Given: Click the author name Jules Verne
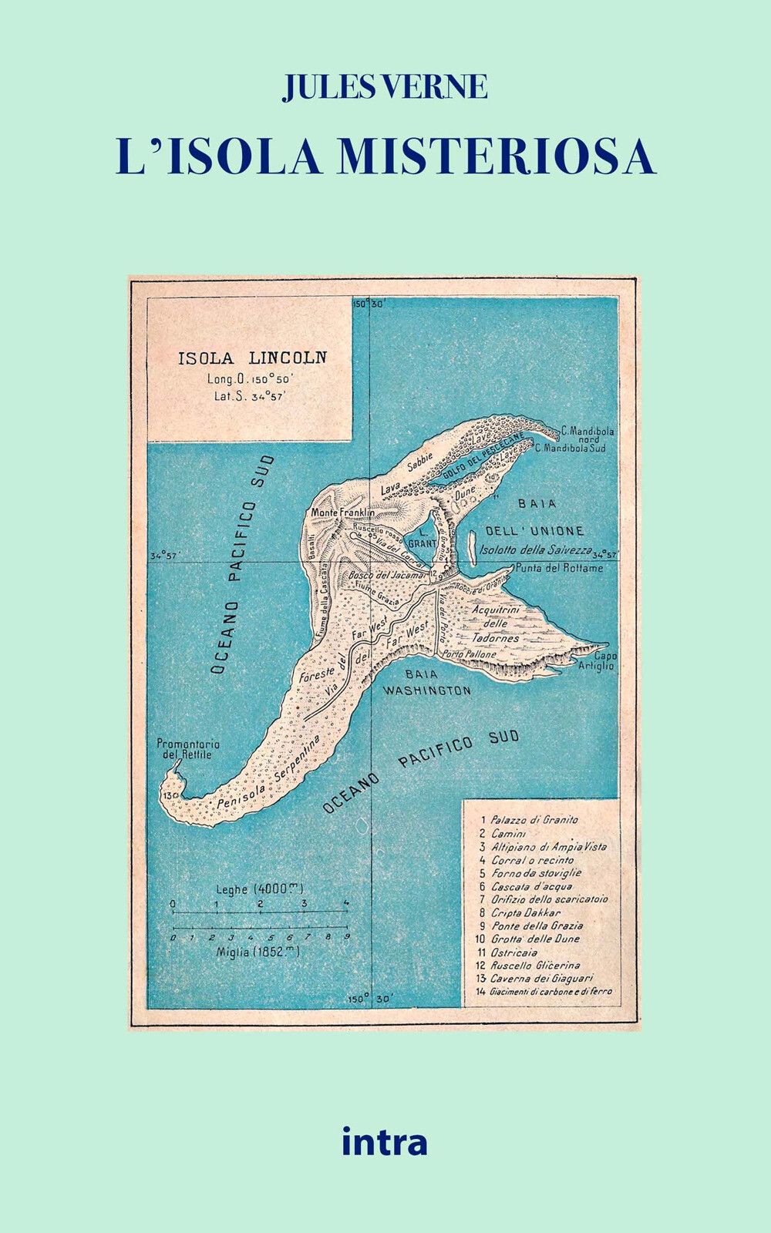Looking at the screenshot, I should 385,87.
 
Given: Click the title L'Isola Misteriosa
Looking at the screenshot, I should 385,156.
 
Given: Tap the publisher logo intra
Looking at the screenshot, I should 384,1141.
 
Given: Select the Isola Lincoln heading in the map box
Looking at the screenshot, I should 252,358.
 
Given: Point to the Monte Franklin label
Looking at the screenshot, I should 342,512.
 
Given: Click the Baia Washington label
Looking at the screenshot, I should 426,683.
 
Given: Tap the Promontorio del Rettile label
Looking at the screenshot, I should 188,749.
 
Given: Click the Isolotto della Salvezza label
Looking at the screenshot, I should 535,550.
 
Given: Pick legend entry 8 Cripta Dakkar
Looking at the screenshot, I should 525,912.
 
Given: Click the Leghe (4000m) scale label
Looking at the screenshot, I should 259,889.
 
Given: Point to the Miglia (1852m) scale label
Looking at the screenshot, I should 258,952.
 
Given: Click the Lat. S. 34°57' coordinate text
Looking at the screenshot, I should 250,396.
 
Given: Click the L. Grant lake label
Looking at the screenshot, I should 423,537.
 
